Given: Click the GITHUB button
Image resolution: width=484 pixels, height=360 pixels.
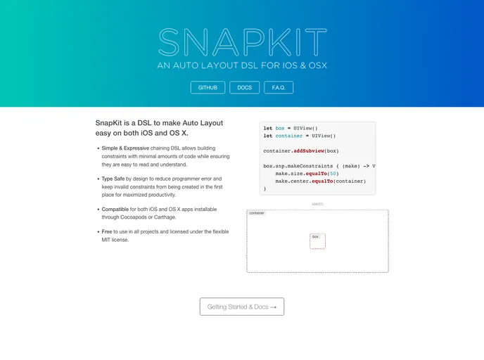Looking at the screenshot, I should point(208,88).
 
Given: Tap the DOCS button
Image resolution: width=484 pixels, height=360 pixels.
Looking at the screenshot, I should point(245,88).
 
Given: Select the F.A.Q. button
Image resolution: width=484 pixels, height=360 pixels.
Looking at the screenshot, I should point(279,88).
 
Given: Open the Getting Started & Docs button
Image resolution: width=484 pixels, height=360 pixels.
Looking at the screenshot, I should point(242,307).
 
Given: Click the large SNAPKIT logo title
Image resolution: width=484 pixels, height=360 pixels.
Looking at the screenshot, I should point(242,43).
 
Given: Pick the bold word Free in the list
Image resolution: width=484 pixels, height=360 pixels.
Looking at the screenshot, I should point(108,231).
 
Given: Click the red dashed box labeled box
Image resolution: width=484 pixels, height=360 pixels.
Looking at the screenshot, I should point(317,241).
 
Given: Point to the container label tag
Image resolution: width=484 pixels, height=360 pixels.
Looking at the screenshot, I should point(257,213).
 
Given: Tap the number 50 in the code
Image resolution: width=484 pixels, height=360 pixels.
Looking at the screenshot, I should point(333,173).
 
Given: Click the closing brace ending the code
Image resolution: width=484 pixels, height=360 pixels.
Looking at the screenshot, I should point(265,188).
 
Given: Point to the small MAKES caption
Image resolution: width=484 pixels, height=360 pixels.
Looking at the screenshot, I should point(317,204).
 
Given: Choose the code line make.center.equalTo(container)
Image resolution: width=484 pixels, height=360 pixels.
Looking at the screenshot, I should point(321,181).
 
